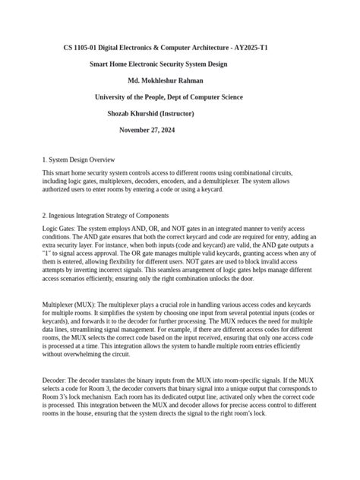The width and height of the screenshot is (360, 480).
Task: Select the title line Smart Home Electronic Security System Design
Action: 159,65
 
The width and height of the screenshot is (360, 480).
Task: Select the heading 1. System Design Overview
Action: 78,160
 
